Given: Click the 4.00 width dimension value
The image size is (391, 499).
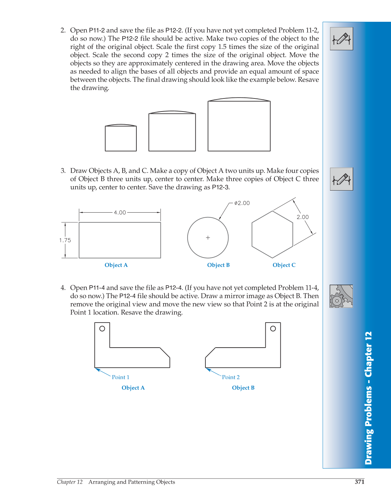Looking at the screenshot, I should pos(120,213).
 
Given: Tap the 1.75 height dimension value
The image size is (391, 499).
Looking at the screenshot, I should pos(65,240).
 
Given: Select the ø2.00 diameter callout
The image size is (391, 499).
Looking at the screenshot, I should pos(242,203).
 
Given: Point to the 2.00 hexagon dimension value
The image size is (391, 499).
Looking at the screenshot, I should pos(303,217).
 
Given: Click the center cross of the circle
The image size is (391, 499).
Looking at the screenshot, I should pos(208,238).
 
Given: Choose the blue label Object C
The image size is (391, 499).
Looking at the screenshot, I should pos(284,265).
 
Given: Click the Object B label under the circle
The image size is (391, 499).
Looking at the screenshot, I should pos(218,265).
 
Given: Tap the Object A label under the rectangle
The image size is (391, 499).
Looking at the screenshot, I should pos(116,265).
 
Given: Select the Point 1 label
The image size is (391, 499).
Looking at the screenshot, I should pos(121,377).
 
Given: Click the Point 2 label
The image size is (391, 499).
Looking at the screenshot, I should pos(231,377).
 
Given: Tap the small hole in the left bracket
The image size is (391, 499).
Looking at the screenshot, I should pos(102,329).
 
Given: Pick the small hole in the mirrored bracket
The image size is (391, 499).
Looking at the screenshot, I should pos(273,329).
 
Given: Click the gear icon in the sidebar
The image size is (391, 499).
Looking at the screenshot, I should pos(341,296).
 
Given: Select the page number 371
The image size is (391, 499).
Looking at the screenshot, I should pos(360,482).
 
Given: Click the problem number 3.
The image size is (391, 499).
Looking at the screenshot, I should pos(63,171).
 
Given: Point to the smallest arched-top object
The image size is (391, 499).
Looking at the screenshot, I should pos(121,138).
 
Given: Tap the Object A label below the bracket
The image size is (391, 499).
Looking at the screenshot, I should pos(133,388).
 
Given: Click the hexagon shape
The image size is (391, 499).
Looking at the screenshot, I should pos(272,234).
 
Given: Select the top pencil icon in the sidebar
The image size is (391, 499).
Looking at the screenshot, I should pos(341,39).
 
